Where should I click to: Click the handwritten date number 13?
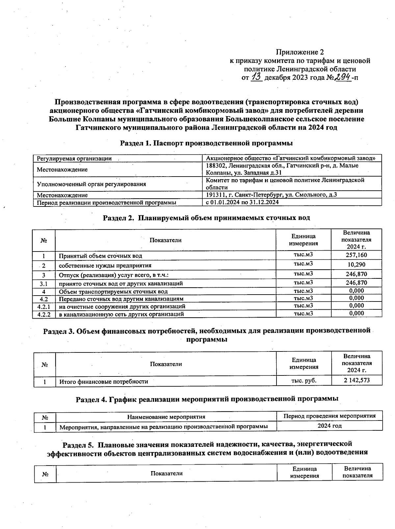pos(256,77)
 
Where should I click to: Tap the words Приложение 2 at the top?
pos(300,52)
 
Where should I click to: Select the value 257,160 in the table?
pos(356,255)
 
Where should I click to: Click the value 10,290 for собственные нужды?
pos(356,265)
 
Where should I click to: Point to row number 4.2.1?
pos(44,306)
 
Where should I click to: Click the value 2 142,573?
pos(357,381)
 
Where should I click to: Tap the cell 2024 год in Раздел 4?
pos(329,426)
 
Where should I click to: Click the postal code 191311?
pos(215,195)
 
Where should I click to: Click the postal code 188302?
pos(216,166)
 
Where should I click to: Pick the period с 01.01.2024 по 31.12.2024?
pos(242,202)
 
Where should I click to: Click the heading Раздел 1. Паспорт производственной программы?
pos(206,143)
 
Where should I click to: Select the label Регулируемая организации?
pos(74,159)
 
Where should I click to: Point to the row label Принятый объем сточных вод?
pos(100,256)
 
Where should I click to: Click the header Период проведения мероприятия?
pos(329,416)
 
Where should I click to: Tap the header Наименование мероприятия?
pos(166,417)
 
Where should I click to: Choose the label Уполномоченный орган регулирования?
pos(91,184)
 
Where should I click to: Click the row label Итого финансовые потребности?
pos(103,382)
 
